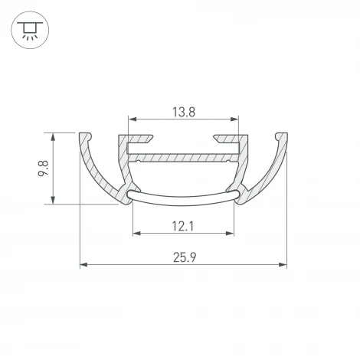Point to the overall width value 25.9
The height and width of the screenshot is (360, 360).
(x=183, y=258)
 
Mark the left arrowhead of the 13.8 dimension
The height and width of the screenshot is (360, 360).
(x=132, y=119)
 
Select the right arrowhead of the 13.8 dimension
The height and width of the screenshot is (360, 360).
(x=234, y=119)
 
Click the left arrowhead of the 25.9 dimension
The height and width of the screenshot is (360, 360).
(x=84, y=265)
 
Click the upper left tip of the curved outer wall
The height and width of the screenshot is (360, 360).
(x=83, y=136)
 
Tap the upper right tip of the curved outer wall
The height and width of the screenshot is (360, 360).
(x=283, y=136)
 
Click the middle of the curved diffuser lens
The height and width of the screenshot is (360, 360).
(x=183, y=202)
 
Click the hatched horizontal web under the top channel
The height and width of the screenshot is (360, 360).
(x=183, y=158)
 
